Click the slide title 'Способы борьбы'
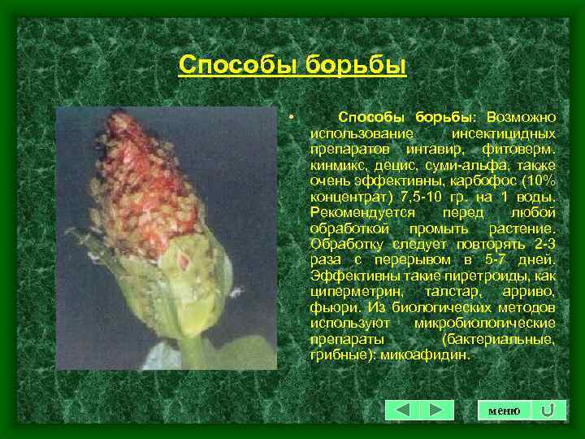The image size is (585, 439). click(x=292, y=64)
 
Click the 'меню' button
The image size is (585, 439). click(x=504, y=411)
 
